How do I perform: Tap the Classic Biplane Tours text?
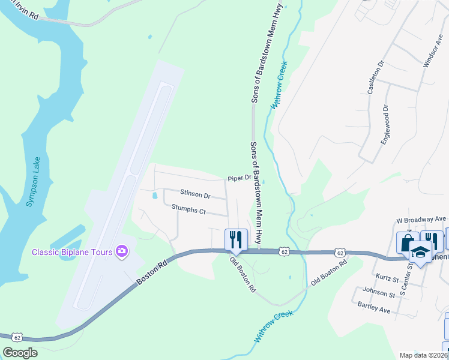(x=72, y=251)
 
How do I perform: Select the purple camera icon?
(x=122, y=251)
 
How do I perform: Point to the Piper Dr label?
(x=238, y=178)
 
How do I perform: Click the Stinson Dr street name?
(x=195, y=194)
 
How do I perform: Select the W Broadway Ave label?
(x=422, y=220)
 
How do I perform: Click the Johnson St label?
(x=379, y=295)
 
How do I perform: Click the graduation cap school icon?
(x=420, y=253)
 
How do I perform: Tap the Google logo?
(x=20, y=353)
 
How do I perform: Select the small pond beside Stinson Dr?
(x=155, y=196)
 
